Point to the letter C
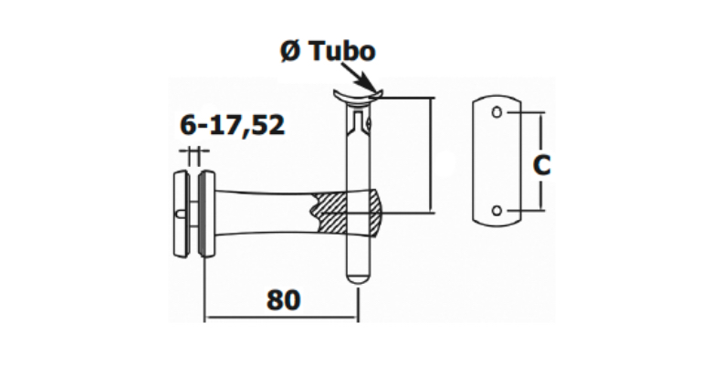click(x=541, y=165)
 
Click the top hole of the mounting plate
click(x=497, y=113)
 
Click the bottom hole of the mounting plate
click(x=497, y=211)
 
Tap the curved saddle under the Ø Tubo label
click(x=357, y=95)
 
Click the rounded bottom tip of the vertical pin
click(x=357, y=275)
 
